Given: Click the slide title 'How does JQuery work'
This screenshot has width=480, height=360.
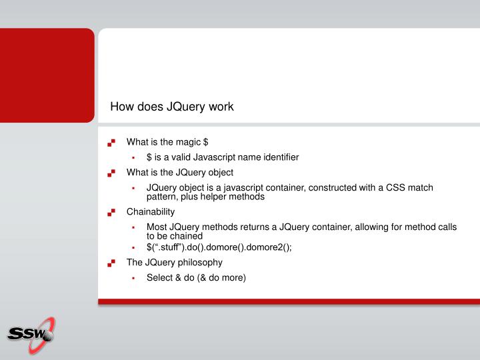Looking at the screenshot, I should coord(172,106).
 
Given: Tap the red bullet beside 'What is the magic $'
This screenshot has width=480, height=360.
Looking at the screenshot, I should coord(111,142).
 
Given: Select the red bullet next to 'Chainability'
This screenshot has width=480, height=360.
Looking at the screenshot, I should coord(111,213).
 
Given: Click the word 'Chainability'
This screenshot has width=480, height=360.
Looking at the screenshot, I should coord(151,212).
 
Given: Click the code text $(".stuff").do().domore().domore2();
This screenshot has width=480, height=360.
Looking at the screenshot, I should coord(219,247).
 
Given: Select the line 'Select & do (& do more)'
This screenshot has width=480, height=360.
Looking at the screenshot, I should coord(197,277).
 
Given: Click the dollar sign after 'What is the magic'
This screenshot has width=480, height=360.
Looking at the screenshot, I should coord(206,141).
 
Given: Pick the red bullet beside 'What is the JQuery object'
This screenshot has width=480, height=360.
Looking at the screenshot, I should coord(111,173).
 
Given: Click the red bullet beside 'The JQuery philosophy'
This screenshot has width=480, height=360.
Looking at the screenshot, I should coord(111,263).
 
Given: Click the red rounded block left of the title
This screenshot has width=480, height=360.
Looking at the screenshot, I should coord(47,75).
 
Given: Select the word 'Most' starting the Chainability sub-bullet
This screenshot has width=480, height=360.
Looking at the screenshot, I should coord(157,227).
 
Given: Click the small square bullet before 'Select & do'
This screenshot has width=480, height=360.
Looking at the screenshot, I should coord(133,278).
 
